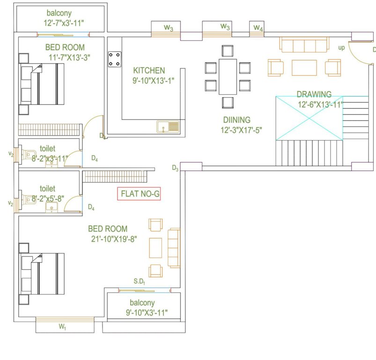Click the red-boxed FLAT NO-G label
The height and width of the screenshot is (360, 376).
point(139,194)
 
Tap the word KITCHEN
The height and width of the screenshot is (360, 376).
point(148,70)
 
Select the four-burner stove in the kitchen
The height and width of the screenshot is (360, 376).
point(114,59)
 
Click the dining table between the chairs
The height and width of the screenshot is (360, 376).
point(228,76)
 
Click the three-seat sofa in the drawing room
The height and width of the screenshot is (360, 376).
point(303,45)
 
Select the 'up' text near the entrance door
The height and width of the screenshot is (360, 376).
point(342,48)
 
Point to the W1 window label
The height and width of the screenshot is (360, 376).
point(62,327)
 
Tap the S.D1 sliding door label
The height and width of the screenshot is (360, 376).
point(139,282)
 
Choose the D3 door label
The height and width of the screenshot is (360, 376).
point(175,168)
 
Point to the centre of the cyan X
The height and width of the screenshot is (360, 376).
point(309,118)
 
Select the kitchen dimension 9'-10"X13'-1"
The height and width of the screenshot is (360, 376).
point(152,80)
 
